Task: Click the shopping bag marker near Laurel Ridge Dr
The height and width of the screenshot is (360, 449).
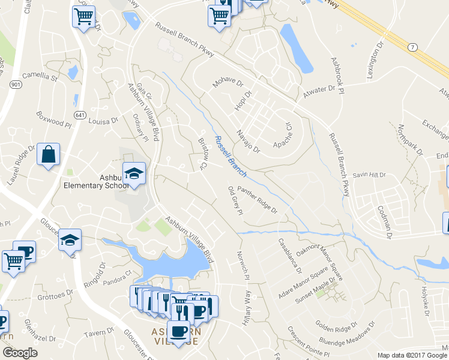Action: point(48,155)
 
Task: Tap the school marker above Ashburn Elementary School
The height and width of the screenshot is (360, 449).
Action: point(134,174)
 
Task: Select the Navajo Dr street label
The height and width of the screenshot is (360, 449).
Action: point(247,141)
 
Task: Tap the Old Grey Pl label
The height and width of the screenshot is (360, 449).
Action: point(235,200)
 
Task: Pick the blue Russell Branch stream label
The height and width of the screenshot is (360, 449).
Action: point(231,156)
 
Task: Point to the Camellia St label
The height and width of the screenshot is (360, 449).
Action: point(39,77)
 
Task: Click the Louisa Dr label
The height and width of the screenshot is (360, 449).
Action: point(104,121)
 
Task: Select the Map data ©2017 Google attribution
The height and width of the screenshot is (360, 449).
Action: point(412,355)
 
